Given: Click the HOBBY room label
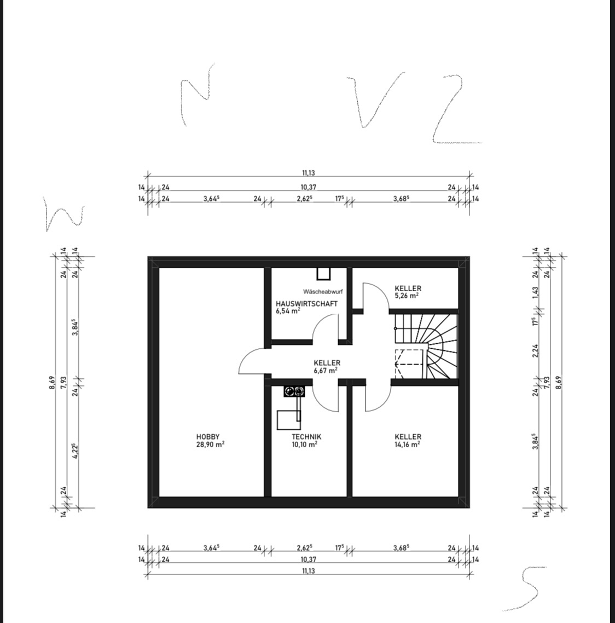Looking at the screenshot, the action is point(208,437).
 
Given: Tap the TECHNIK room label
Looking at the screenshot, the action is point(306,437).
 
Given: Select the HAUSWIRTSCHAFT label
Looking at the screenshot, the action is point(306,303).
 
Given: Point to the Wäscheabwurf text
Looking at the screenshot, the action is point(322,292).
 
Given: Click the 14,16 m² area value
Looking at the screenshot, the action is point(407,444).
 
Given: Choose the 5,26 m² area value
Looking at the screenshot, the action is point(407,296).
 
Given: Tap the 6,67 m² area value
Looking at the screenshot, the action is point(326,370).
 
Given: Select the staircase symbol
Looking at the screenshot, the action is point(426,346).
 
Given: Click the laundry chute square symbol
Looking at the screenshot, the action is point(323,274).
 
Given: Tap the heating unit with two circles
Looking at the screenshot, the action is point(294,391).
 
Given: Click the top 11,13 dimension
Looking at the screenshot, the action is point(309,173).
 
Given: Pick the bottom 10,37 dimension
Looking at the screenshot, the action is point(309,559).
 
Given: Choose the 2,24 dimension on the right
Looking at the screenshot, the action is point(536,350).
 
